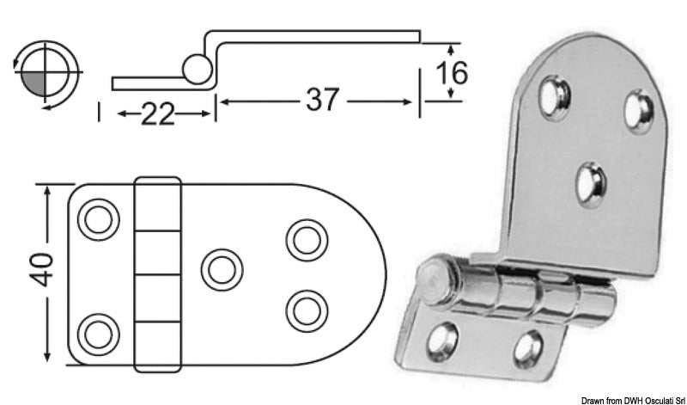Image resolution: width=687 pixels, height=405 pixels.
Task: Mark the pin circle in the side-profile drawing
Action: [197, 68]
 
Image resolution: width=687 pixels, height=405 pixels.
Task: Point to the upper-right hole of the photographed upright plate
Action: [637, 108]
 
